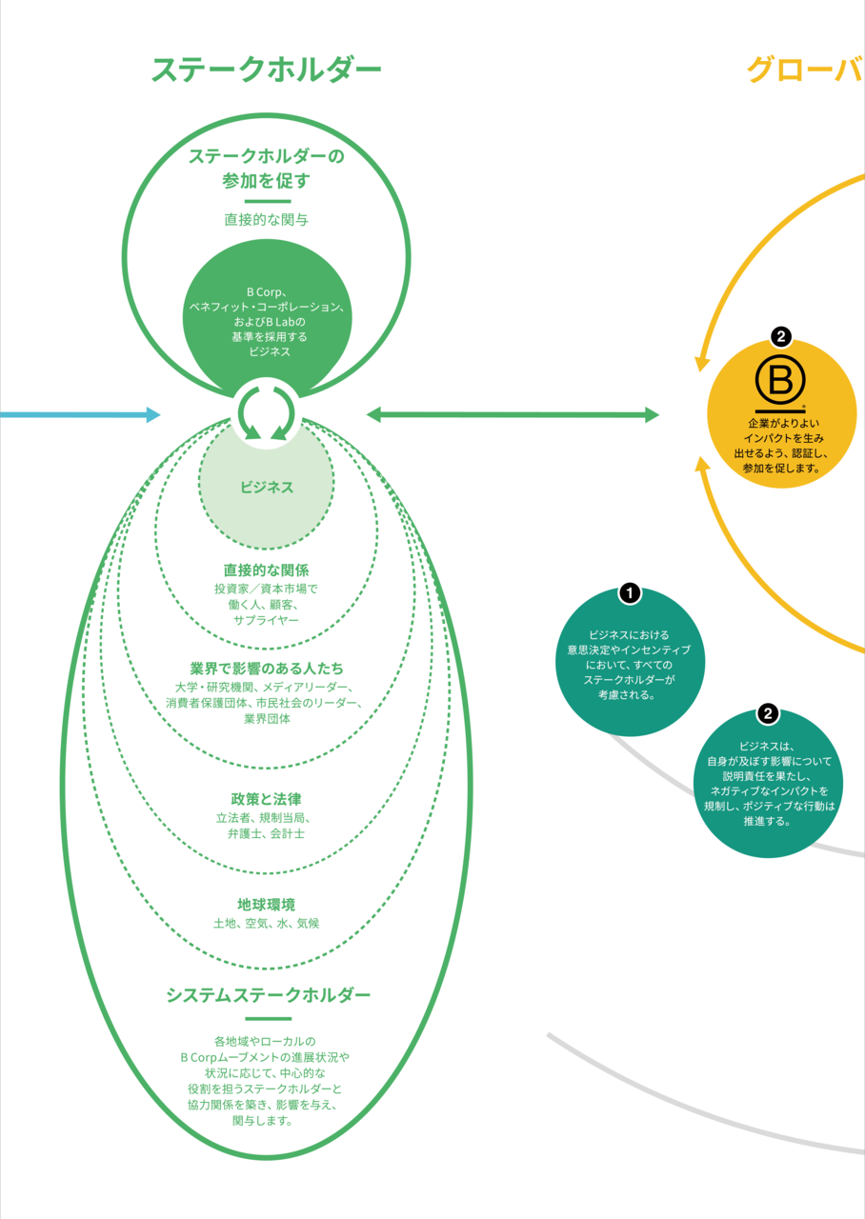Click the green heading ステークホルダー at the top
point(266,70)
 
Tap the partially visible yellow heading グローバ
point(805,70)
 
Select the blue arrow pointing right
point(80,414)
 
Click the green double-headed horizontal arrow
point(513,414)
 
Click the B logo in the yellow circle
point(780,380)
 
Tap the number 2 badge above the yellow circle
point(781,336)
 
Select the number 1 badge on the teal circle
point(629,593)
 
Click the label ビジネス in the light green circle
point(267,487)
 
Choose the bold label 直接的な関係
point(266,570)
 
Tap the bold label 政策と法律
point(266,798)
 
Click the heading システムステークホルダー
point(268,995)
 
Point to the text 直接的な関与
point(267,219)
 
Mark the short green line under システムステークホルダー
point(268,1018)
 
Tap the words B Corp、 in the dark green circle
point(267,291)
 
